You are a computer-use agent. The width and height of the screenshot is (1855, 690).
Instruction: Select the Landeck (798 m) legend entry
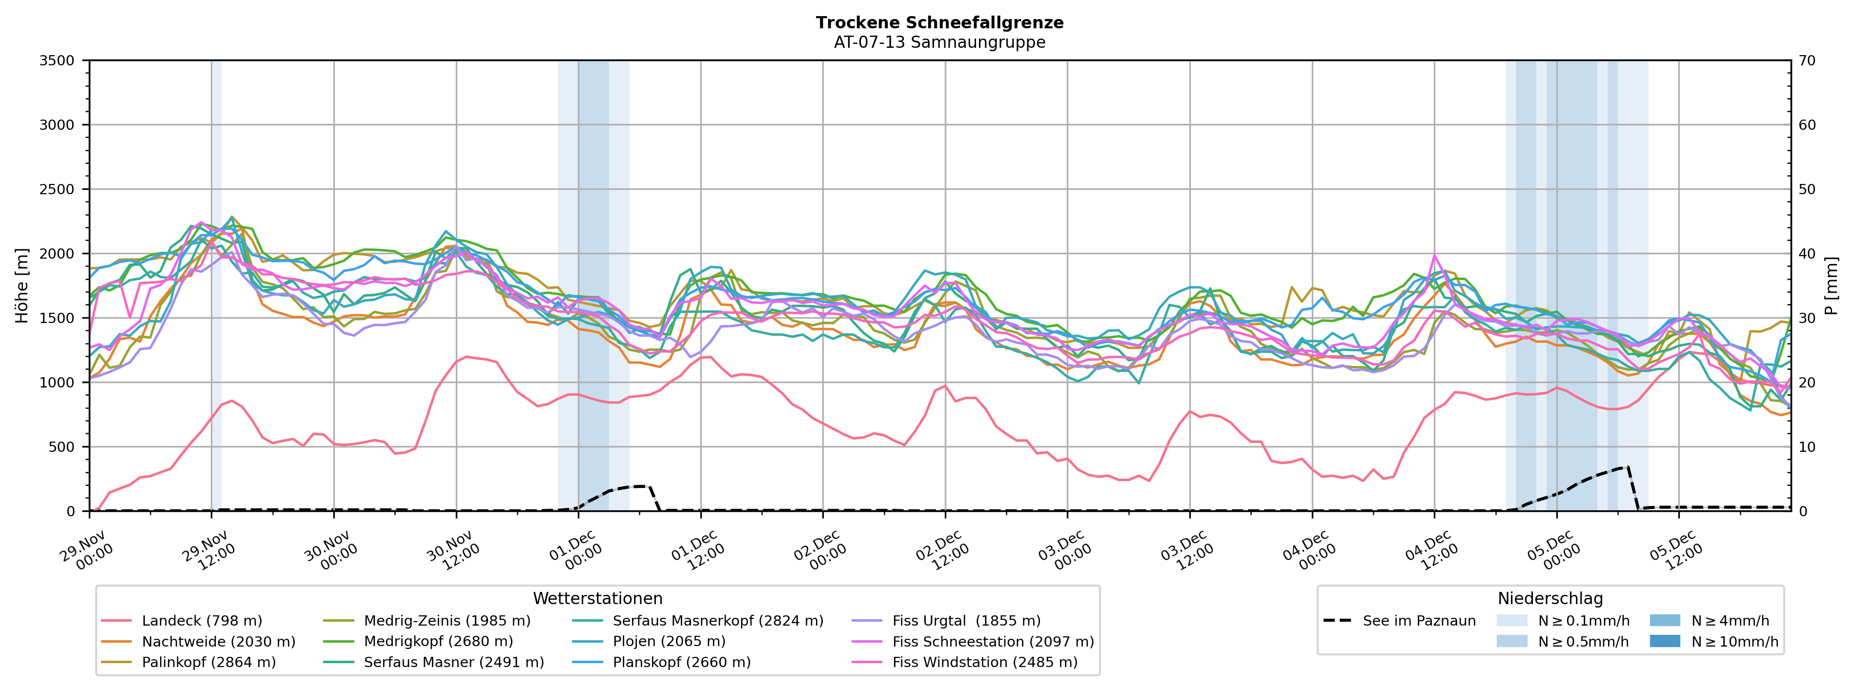point(202,621)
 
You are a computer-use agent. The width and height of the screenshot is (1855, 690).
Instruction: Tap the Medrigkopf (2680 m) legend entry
point(438,642)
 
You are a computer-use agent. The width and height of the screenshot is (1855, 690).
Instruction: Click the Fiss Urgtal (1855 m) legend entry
point(966,621)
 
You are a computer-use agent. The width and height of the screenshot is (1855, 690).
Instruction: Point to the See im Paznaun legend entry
point(1419,621)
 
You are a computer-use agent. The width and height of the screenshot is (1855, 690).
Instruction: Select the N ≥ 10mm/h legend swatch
point(1664,641)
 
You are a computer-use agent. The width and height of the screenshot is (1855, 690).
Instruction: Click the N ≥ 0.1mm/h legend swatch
point(1511,621)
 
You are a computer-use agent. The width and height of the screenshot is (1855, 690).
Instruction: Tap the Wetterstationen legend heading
point(598,599)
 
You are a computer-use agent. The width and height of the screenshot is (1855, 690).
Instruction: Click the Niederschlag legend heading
point(1550,599)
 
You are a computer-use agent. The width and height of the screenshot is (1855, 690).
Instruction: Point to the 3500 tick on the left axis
point(57,61)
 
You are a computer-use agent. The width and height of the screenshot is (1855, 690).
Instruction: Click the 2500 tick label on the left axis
point(57,189)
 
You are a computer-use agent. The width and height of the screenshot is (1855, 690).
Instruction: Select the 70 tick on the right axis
point(1807,61)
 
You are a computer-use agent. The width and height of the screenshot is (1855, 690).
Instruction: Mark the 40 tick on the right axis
point(1807,254)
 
